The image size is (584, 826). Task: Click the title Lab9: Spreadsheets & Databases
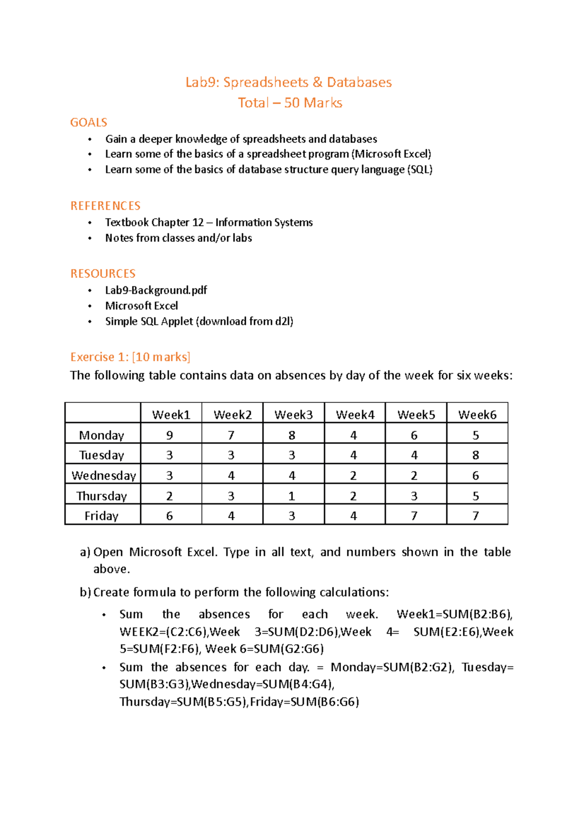(289, 82)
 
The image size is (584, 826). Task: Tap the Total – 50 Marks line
(290, 103)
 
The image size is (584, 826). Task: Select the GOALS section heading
(89, 122)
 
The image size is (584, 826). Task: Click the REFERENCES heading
(105, 206)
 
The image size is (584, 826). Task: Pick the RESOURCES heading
(103, 273)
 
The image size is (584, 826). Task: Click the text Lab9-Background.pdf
(156, 290)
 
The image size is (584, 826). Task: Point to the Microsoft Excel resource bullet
(142, 305)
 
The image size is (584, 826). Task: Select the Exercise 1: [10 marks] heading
(130, 357)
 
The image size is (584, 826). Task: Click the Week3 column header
(293, 414)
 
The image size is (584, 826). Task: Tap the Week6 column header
(477, 414)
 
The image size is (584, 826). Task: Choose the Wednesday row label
(103, 475)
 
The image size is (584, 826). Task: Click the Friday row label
(101, 516)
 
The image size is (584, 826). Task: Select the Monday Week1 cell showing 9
(170, 435)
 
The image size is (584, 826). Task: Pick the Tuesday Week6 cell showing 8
(475, 455)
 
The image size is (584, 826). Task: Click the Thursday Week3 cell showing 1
(292, 496)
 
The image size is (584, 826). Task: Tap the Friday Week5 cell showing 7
(414, 516)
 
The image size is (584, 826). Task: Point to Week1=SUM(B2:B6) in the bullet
(454, 614)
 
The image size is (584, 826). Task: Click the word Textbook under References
(127, 222)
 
